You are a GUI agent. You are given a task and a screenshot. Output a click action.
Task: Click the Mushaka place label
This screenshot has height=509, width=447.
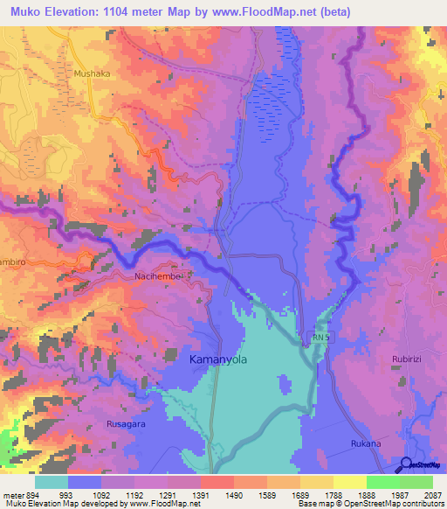click(x=93, y=75)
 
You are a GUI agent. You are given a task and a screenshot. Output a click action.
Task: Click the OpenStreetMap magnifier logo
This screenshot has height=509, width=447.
click(x=405, y=464)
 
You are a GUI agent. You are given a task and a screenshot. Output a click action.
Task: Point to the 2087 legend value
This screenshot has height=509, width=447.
click(x=432, y=494)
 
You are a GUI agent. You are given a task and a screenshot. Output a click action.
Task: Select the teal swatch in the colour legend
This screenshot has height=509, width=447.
click(x=52, y=481)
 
